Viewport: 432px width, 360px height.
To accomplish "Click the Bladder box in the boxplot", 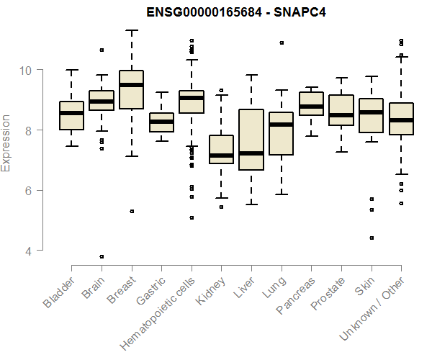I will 71,116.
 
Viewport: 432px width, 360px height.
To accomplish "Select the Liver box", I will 251,140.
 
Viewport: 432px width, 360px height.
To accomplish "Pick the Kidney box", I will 221,149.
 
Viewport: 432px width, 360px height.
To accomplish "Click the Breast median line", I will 131,85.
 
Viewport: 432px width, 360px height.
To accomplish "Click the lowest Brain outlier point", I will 102,256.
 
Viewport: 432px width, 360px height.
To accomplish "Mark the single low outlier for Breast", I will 131,211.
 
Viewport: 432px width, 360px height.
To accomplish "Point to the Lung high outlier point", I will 281,42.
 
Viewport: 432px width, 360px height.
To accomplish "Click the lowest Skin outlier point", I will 371,238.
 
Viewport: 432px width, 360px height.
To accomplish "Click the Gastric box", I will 161,122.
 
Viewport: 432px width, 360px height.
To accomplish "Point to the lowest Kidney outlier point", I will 221,207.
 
